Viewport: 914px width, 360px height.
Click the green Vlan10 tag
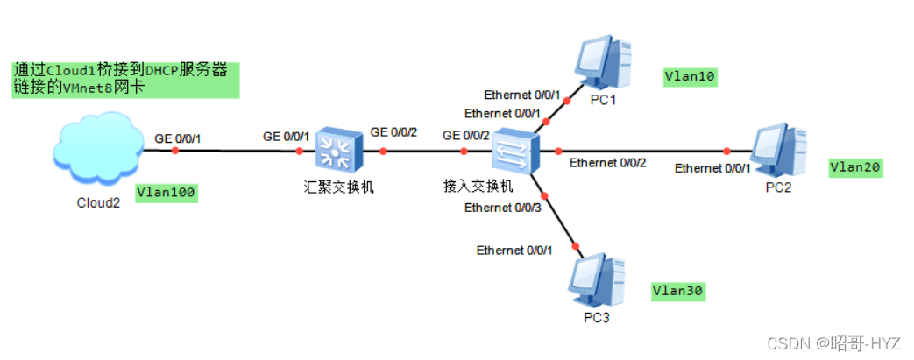click(691, 77)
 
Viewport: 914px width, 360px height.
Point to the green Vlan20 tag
click(855, 166)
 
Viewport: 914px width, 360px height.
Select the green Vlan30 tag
click(678, 290)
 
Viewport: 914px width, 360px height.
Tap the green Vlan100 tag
click(167, 192)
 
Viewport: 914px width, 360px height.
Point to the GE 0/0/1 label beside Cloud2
click(179, 138)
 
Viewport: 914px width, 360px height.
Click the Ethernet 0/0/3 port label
click(502, 208)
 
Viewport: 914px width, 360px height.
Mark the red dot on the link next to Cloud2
click(174, 151)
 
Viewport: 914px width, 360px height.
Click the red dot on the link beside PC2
click(726, 151)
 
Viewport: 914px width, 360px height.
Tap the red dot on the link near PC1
click(567, 101)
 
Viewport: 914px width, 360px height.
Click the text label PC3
click(595, 316)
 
